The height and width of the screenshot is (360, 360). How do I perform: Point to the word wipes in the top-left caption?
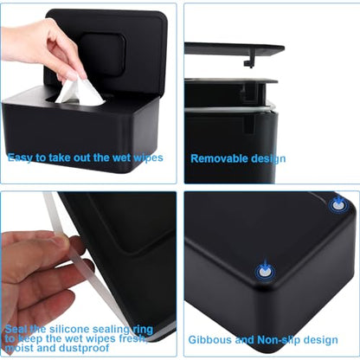(x=145, y=158)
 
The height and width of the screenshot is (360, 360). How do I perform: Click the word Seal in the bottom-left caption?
(x=17, y=329)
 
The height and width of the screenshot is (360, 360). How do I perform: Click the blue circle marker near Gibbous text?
(x=261, y=272)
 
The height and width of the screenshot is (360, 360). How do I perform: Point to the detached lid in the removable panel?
(x=234, y=48)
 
